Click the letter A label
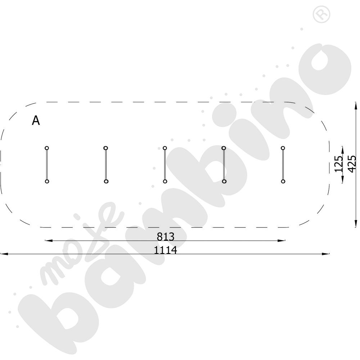pyautogui.click(x=36, y=120)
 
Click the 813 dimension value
pyautogui.click(x=166, y=237)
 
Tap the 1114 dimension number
pyautogui.click(x=165, y=250)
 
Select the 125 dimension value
pyautogui.click(x=338, y=164)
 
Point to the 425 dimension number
pyautogui.click(x=352, y=164)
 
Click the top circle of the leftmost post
pyautogui.click(x=47, y=148)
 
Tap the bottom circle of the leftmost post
pyautogui.click(x=47, y=181)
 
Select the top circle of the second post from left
pyautogui.click(x=106, y=148)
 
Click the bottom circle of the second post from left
pyautogui.click(x=106, y=181)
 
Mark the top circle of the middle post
pyautogui.click(x=165, y=148)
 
